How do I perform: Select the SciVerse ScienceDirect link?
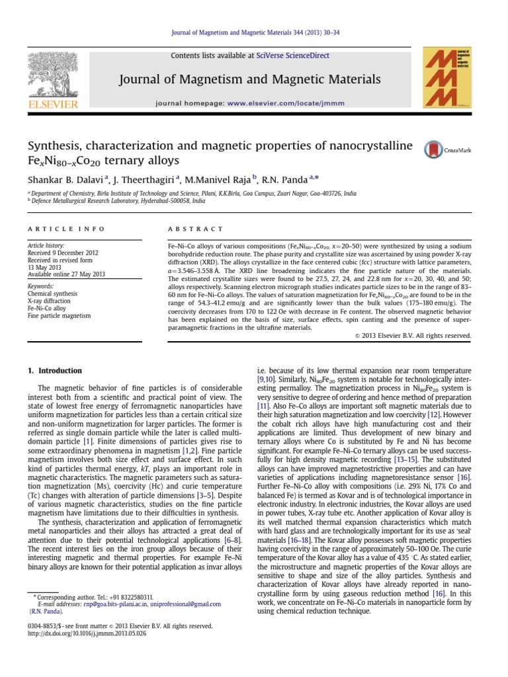pos(292,56)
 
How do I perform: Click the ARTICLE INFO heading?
pos(65,229)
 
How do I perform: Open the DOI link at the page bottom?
pos(87,633)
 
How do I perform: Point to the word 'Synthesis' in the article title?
pos(56,145)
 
